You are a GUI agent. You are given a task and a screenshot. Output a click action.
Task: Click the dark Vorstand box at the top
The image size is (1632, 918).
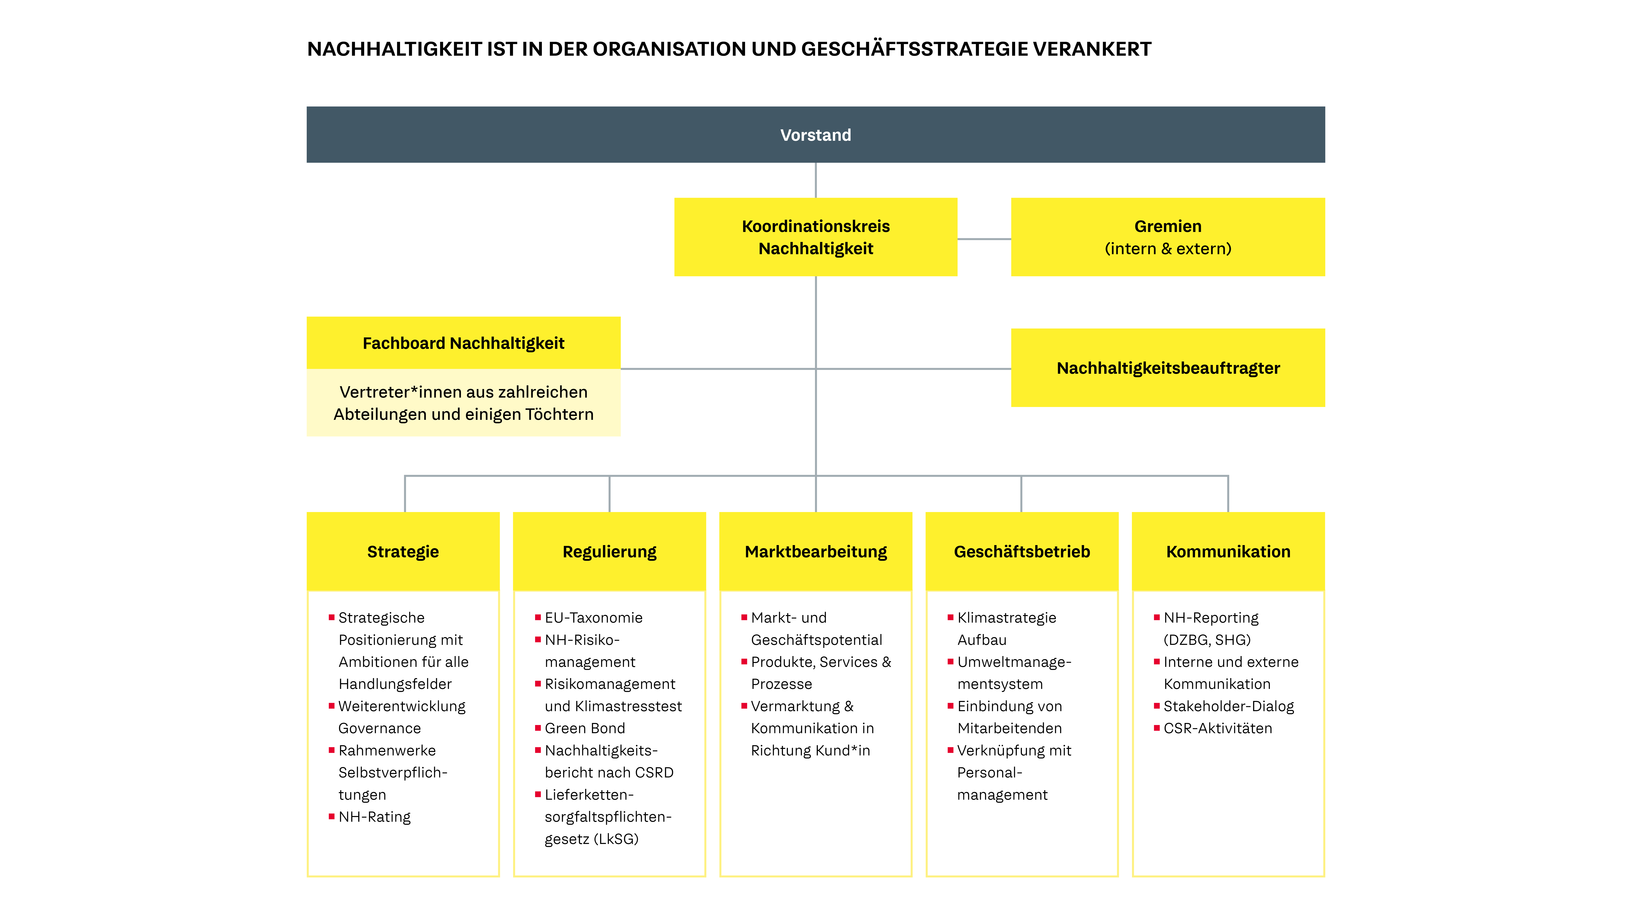pos(815,134)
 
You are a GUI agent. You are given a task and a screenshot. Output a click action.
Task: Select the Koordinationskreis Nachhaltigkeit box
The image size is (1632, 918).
pos(815,237)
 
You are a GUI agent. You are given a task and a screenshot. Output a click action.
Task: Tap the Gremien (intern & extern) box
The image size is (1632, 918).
pos(1168,237)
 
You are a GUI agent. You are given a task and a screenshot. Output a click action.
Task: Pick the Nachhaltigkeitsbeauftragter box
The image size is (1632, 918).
pos(1168,367)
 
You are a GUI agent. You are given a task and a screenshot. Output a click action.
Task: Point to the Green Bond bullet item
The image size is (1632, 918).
pos(585,728)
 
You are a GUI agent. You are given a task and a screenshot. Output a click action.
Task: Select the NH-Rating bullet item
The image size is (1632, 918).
pos(374,817)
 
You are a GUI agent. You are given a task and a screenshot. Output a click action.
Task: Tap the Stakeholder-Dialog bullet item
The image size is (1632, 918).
pos(1228,706)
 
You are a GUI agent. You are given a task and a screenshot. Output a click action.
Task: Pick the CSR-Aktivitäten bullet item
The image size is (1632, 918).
pos(1218,728)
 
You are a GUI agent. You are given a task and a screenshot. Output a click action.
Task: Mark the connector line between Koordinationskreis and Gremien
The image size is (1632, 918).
pos(984,239)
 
